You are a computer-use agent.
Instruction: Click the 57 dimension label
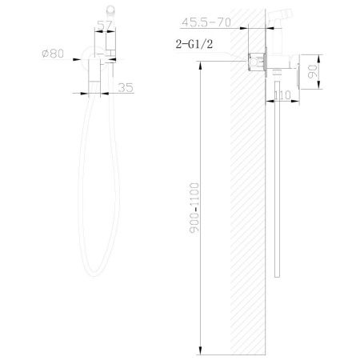coord(105,26)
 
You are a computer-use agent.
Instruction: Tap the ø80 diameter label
coord(53,54)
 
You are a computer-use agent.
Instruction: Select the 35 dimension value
coord(126,87)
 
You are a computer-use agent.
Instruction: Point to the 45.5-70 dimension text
coord(206,22)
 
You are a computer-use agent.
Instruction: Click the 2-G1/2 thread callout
coord(194,44)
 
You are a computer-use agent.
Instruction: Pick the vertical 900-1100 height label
coord(194,209)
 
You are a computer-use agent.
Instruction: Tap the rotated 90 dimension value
coord(313,71)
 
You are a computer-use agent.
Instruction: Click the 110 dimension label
coord(282,95)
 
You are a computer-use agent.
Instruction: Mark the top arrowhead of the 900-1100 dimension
coord(201,66)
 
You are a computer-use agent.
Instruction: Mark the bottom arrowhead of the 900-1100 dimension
coord(201,350)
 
